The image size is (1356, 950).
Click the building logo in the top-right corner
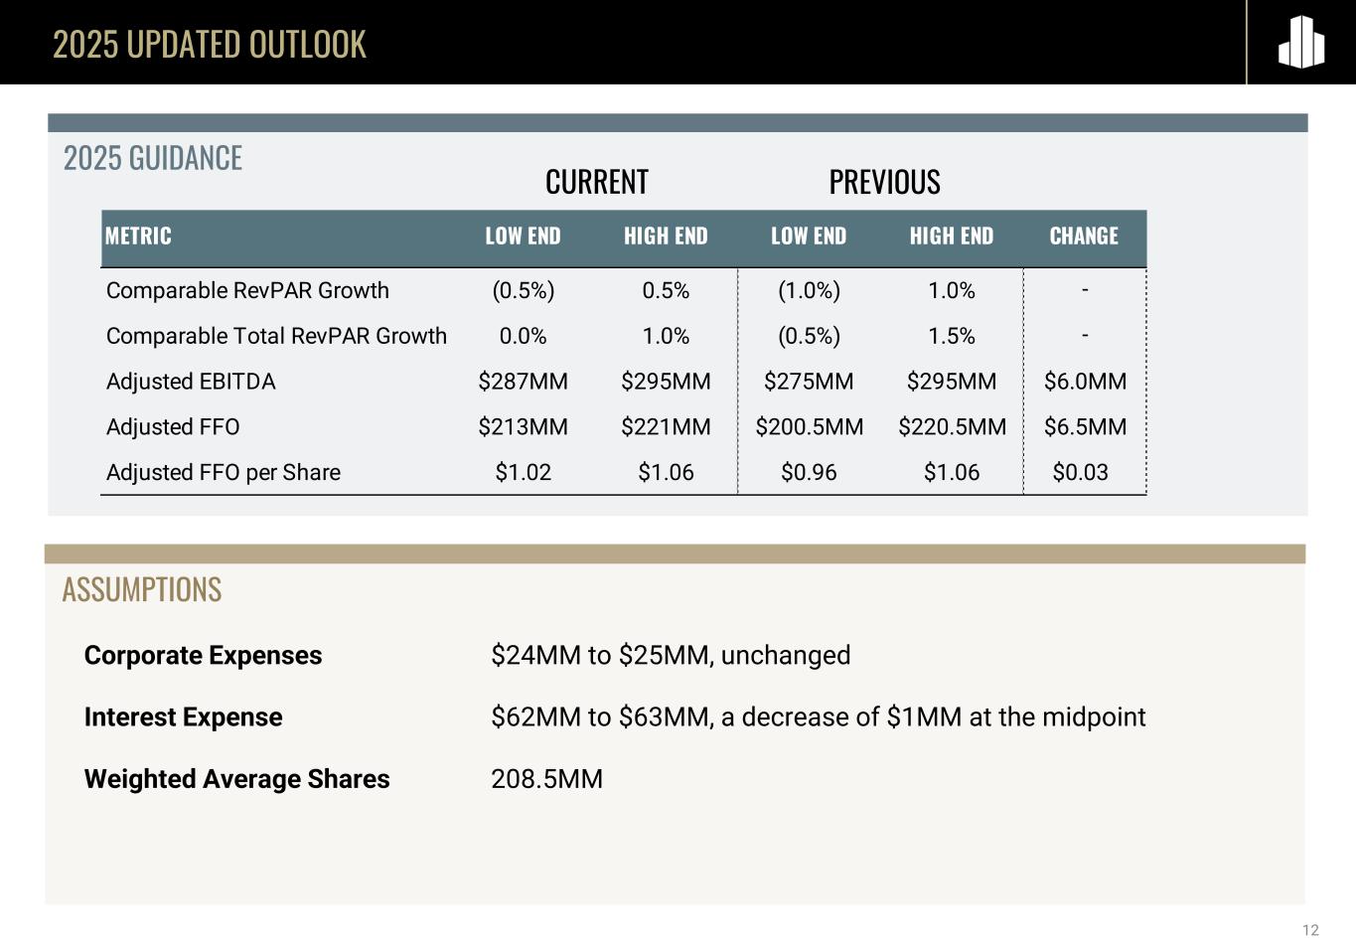[x=1300, y=43]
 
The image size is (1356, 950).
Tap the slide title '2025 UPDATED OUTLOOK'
[x=209, y=45]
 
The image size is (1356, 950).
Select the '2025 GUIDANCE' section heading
[x=153, y=159]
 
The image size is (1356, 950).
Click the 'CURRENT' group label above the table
[x=596, y=183]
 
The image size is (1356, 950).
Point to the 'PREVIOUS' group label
[x=884, y=183]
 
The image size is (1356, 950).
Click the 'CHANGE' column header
[x=1084, y=237]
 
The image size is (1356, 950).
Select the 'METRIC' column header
[x=138, y=237]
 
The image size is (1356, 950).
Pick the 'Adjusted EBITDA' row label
[x=191, y=382]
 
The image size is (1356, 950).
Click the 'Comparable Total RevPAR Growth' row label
[x=276, y=336]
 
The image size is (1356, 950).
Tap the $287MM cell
[x=523, y=382]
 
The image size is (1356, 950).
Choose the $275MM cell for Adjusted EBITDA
[x=809, y=382]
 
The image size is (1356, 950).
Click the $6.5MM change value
[x=1085, y=427]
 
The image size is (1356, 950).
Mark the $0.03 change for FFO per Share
[x=1080, y=473]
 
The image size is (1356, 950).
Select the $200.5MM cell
[x=809, y=427]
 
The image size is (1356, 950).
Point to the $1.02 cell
[x=523, y=473]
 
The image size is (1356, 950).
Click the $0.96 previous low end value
[x=809, y=473]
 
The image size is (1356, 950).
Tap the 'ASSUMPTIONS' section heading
[x=142, y=590]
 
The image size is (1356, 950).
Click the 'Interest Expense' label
[x=183, y=717]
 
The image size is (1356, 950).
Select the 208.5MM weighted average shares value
[x=546, y=779]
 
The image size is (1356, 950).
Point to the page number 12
[x=1310, y=931]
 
